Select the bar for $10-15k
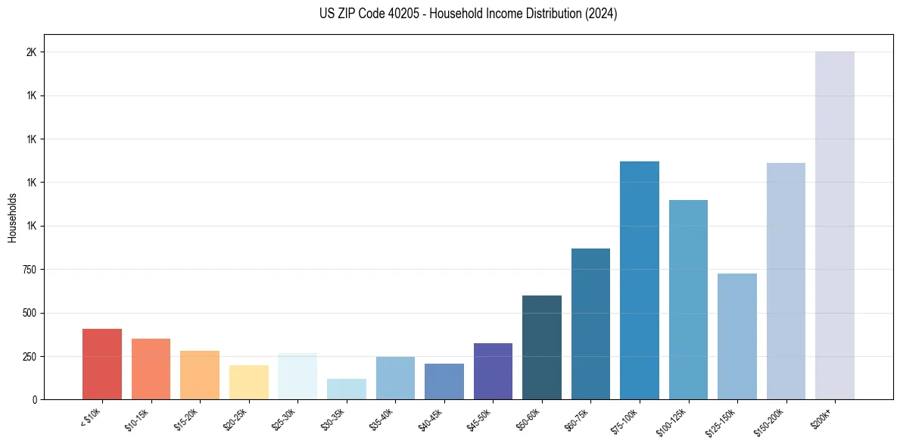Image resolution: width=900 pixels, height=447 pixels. pyautogui.click(x=151, y=369)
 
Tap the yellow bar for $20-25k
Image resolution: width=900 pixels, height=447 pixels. pyautogui.click(x=248, y=382)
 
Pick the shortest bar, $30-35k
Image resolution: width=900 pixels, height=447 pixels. pyautogui.click(x=346, y=389)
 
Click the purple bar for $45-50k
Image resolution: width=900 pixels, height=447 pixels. pyautogui.click(x=493, y=371)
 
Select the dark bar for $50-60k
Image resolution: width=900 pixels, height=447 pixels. pyautogui.click(x=542, y=347)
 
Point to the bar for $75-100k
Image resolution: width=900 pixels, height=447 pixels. pyautogui.click(x=640, y=280)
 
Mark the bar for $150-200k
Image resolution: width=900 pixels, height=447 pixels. pyautogui.click(x=786, y=281)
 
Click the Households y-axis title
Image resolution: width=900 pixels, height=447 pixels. pyautogui.click(x=12, y=217)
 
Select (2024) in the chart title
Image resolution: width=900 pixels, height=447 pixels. pyautogui.click(x=602, y=14)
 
